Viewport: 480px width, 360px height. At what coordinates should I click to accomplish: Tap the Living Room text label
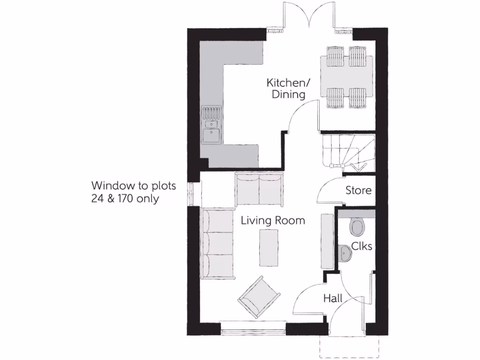273,220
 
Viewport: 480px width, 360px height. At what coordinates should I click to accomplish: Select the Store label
359,190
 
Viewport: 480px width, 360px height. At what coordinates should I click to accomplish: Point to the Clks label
361,246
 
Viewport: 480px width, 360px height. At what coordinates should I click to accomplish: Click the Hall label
333,298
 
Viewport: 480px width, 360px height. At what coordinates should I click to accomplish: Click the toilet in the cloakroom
358,227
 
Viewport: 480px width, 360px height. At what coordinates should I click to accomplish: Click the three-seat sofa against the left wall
218,244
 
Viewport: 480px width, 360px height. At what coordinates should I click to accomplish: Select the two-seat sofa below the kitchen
259,189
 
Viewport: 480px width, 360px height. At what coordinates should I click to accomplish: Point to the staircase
348,151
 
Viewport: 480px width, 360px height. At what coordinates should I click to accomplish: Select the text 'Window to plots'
134,186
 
